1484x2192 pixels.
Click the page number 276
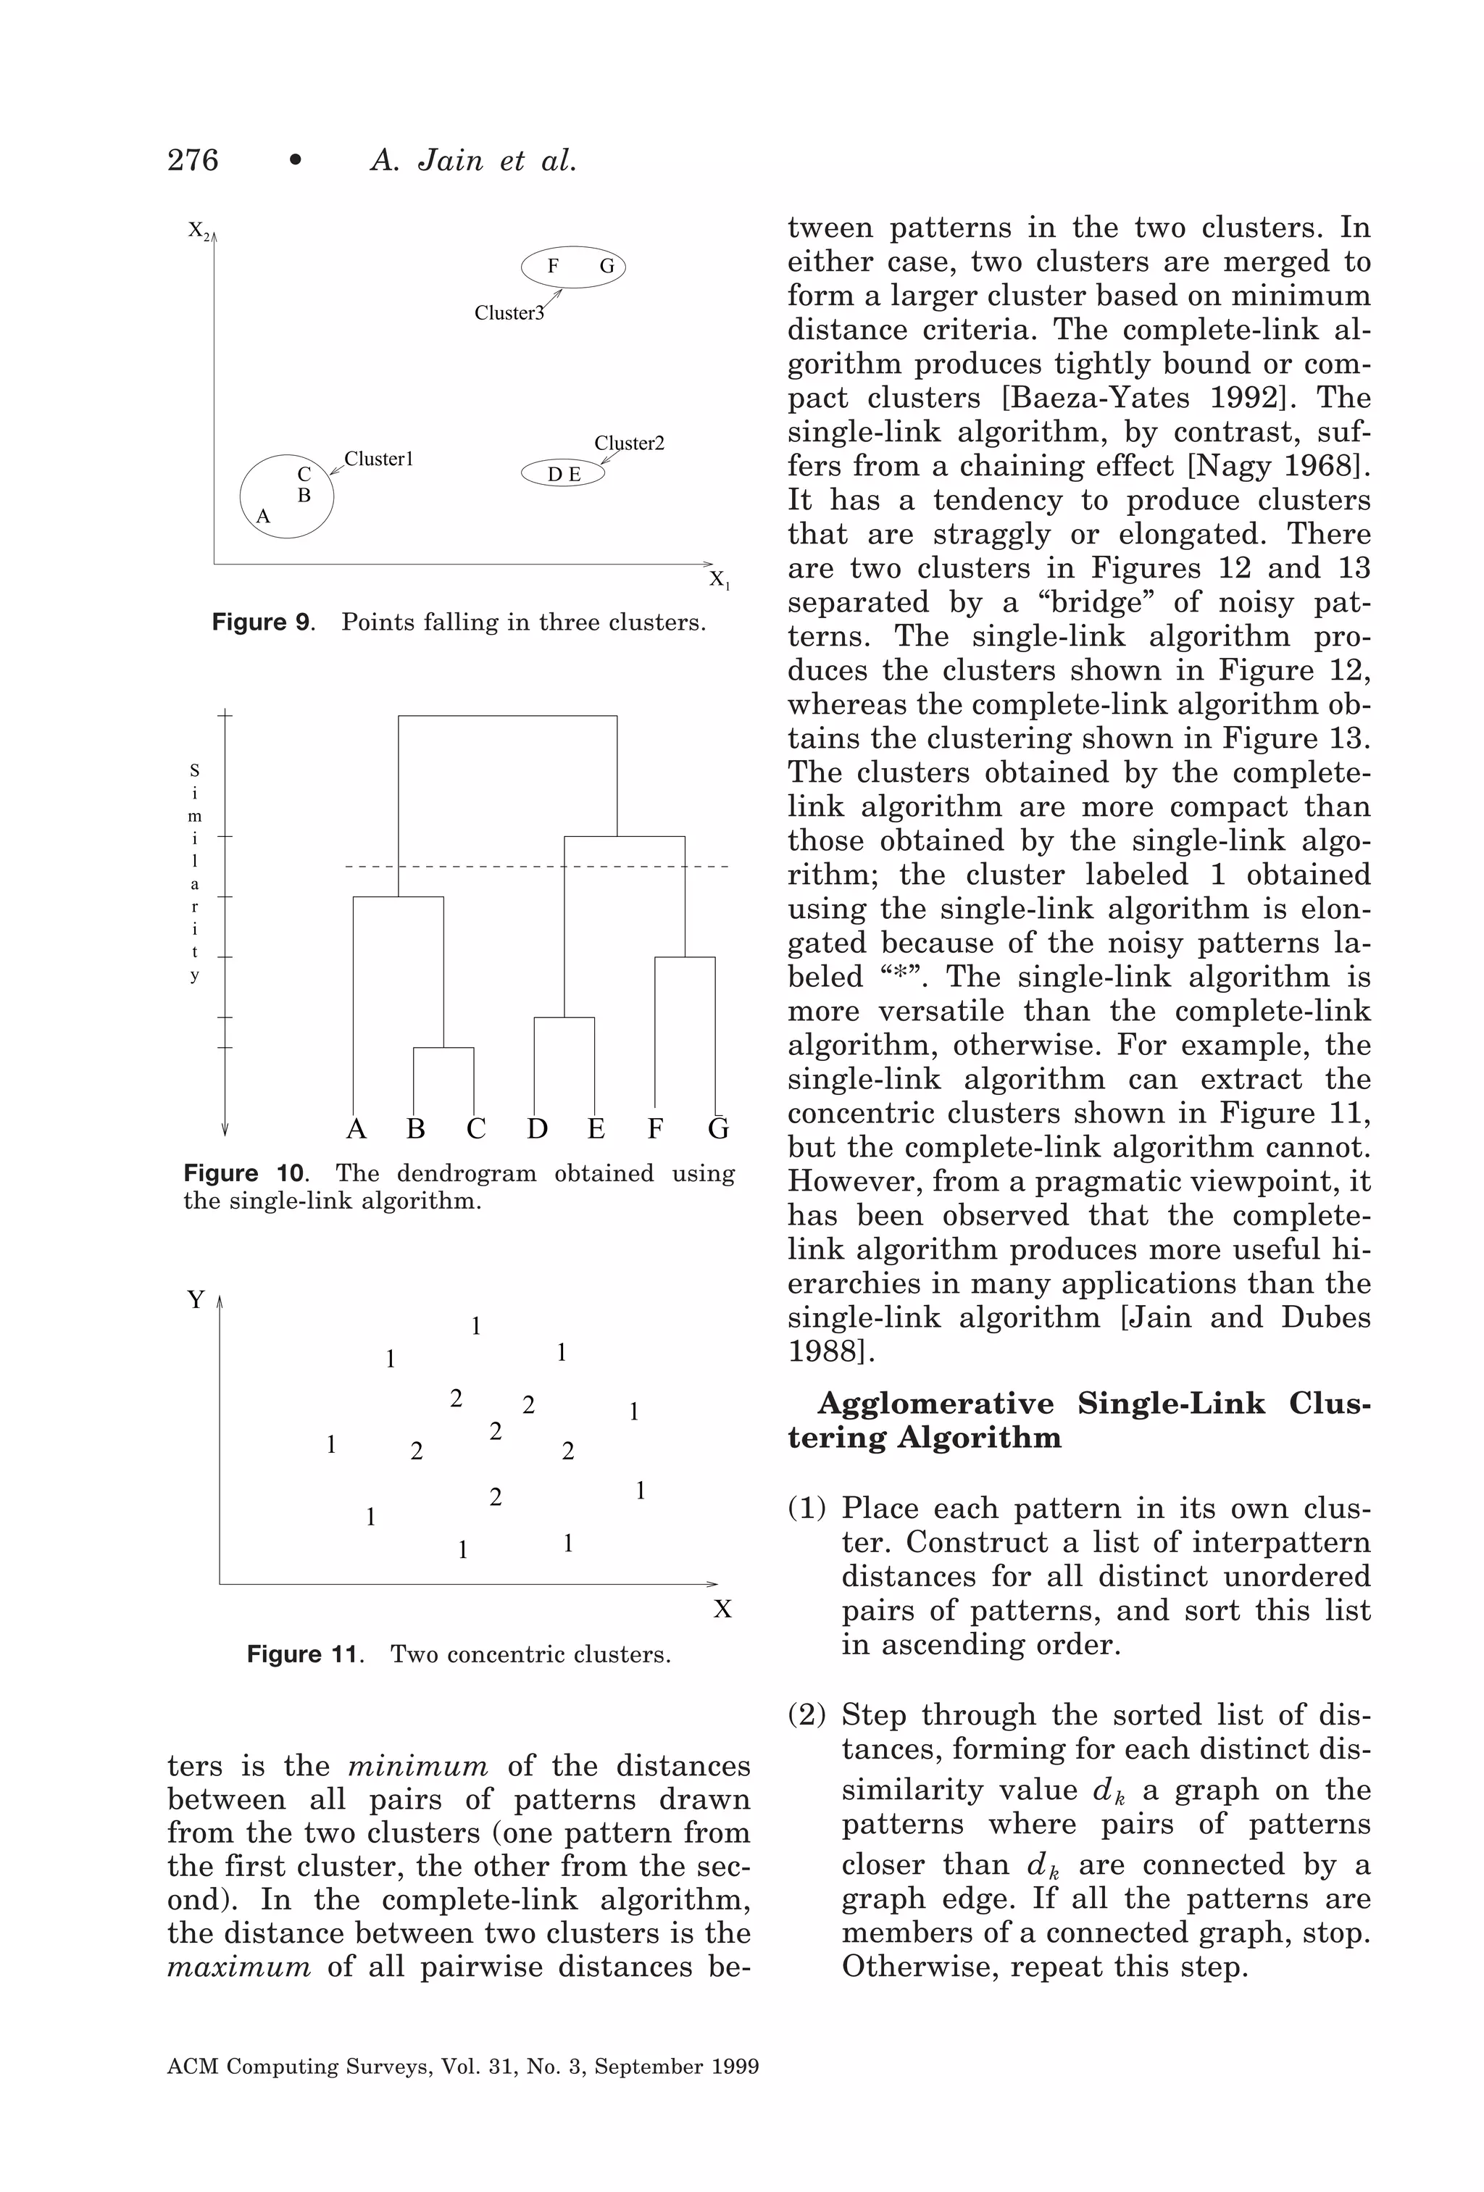(193, 160)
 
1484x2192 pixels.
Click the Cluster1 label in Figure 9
(378, 459)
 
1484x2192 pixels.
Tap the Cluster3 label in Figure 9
(509, 313)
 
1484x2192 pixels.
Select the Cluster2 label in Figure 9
(629, 443)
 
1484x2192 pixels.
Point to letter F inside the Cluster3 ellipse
(553, 267)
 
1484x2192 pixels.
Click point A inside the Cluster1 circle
(263, 517)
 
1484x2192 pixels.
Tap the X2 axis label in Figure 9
(199, 230)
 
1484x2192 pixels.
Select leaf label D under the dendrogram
(537, 1129)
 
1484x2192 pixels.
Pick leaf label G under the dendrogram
(718, 1129)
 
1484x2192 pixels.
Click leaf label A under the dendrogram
(356, 1129)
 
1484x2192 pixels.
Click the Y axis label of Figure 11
(196, 1301)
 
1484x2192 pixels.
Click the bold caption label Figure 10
(244, 1175)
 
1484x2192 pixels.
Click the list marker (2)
(806, 1714)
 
